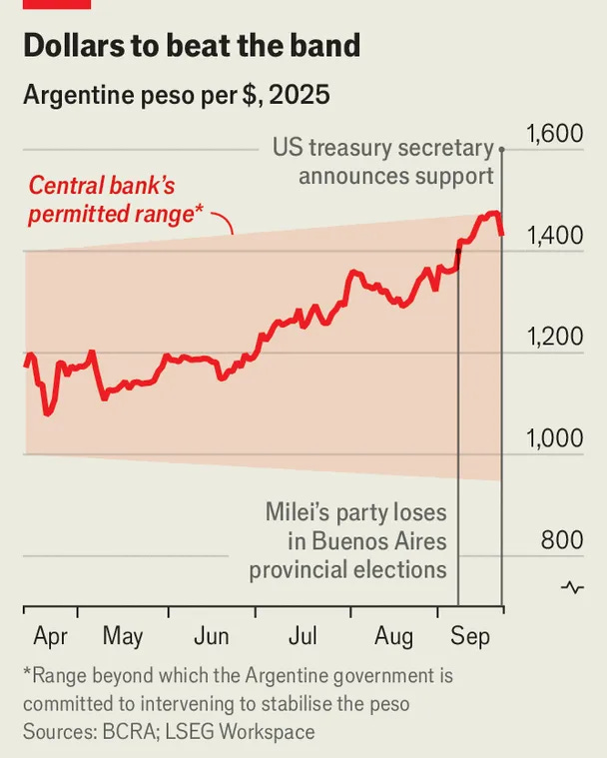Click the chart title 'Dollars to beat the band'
[x=191, y=45]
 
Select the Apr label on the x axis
[x=50, y=635]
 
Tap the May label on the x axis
[x=123, y=635]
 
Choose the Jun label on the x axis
[x=212, y=635]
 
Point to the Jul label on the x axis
[x=303, y=635]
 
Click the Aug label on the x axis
[x=394, y=635]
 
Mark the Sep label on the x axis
[x=471, y=635]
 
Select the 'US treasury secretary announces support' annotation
[x=384, y=163]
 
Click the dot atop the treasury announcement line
[x=501, y=150]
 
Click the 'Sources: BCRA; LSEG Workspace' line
[x=168, y=732]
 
